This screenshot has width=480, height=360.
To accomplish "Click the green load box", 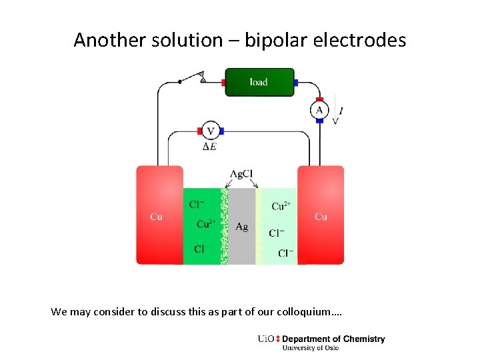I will (259, 83).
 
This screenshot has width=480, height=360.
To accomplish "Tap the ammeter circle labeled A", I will (319, 110).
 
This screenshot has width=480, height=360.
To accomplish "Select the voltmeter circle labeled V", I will (211, 131).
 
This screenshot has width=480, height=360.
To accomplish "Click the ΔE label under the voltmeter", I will (209, 146).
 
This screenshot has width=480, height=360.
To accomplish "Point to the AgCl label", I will (241, 174).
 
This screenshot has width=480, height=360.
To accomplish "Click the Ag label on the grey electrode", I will (241, 227).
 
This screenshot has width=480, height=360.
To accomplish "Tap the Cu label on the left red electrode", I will (156, 217).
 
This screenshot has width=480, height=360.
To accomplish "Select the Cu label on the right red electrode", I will (321, 217).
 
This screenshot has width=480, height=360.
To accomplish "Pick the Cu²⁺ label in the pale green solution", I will (281, 206).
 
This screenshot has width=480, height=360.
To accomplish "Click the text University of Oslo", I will (311, 347).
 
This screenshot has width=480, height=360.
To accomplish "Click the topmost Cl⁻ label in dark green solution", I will (197, 205).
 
